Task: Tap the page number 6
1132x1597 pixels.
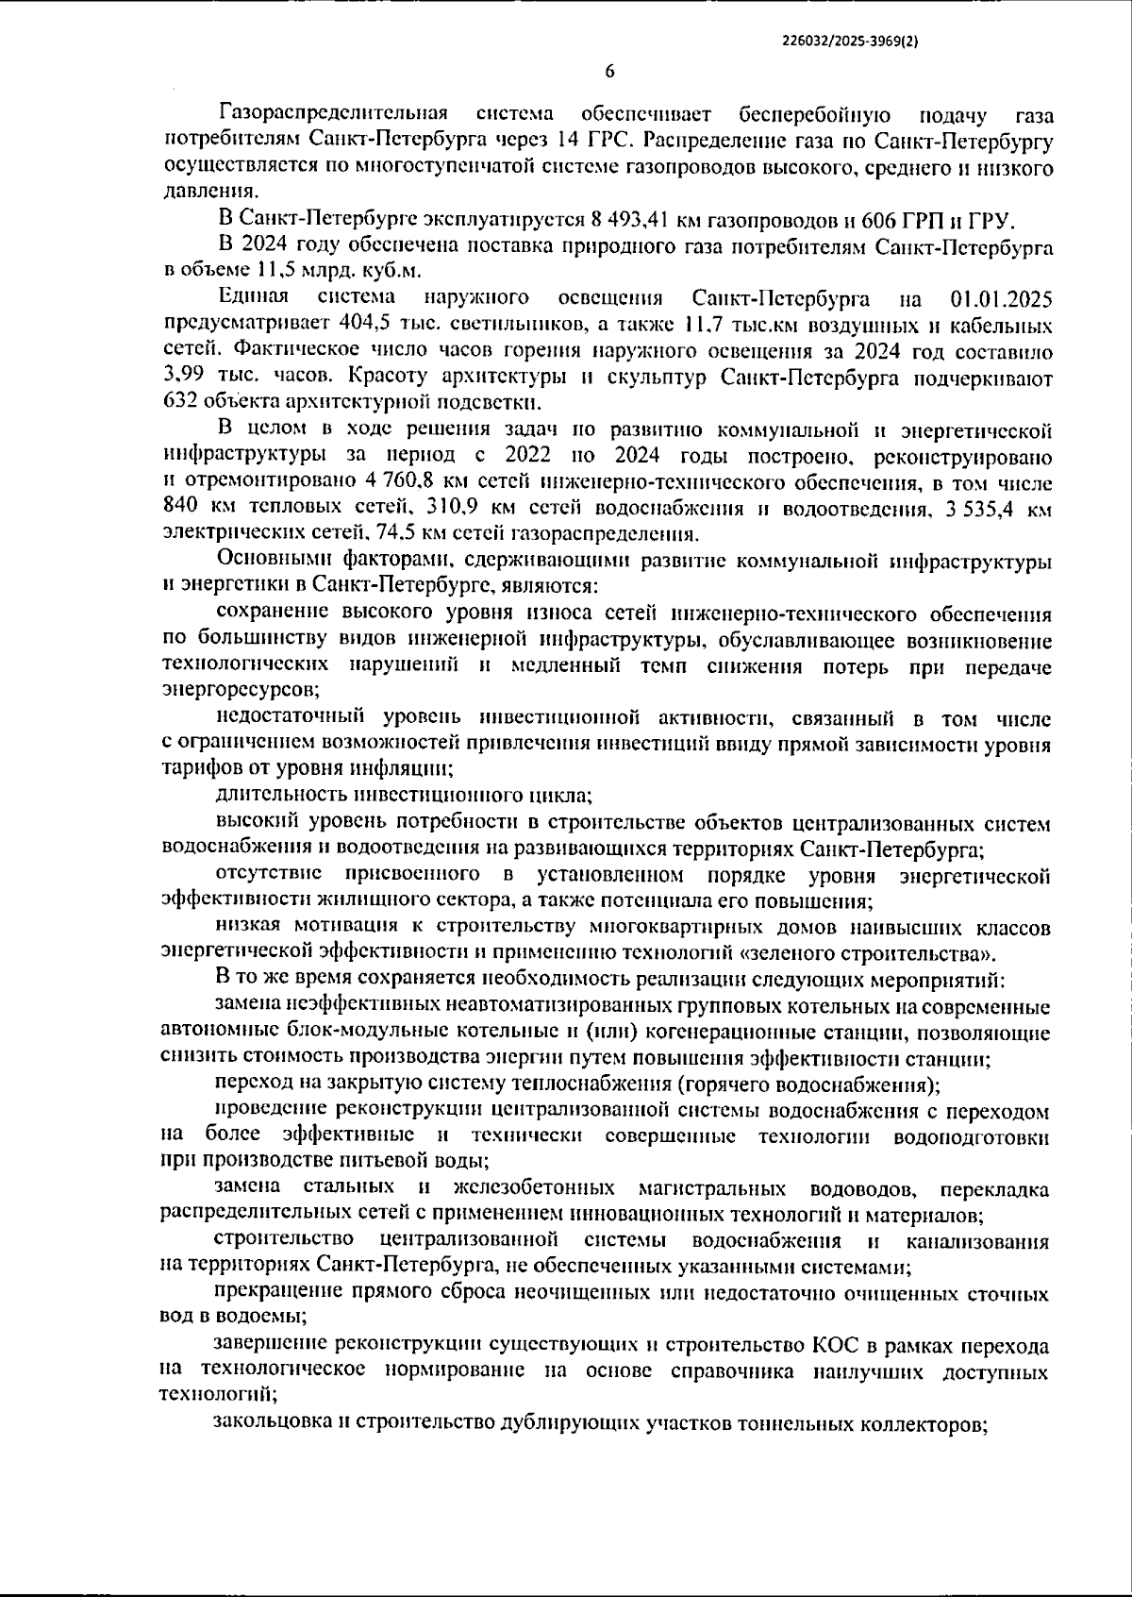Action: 609,73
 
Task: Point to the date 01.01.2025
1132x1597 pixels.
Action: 996,299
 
